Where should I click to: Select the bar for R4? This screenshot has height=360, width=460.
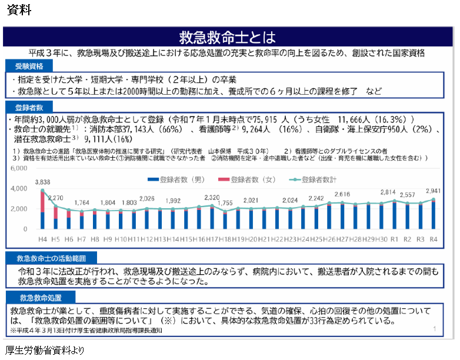[x=434, y=215]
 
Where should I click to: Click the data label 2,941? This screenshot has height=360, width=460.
[x=432, y=191]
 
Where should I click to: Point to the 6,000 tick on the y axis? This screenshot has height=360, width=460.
[x=20, y=168]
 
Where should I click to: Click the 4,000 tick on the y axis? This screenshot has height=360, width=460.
[x=20, y=188]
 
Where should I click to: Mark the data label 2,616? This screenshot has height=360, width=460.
[x=342, y=194]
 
